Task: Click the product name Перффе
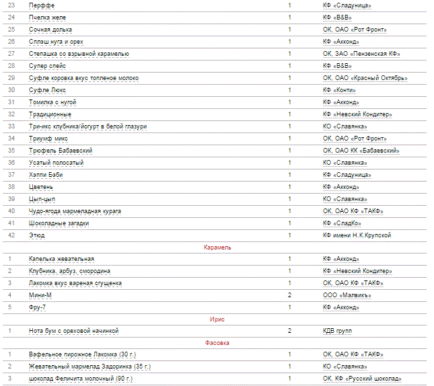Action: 41,5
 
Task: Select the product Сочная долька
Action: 50,30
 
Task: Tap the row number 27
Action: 11,54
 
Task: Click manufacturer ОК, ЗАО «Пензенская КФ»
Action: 361,54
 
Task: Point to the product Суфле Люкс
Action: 47,90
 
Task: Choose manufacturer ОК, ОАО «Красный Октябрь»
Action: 365,78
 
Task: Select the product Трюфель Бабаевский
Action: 61,151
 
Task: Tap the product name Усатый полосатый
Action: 56,163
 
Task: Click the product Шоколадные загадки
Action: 59,223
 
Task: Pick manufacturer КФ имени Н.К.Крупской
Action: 357,235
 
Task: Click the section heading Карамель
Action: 217,247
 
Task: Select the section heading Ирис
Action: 217,319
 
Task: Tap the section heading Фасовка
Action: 217,343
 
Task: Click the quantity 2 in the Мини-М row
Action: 289,295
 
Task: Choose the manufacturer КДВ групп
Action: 337,331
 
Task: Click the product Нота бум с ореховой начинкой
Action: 73,331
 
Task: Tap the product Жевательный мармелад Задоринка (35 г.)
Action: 89,366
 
